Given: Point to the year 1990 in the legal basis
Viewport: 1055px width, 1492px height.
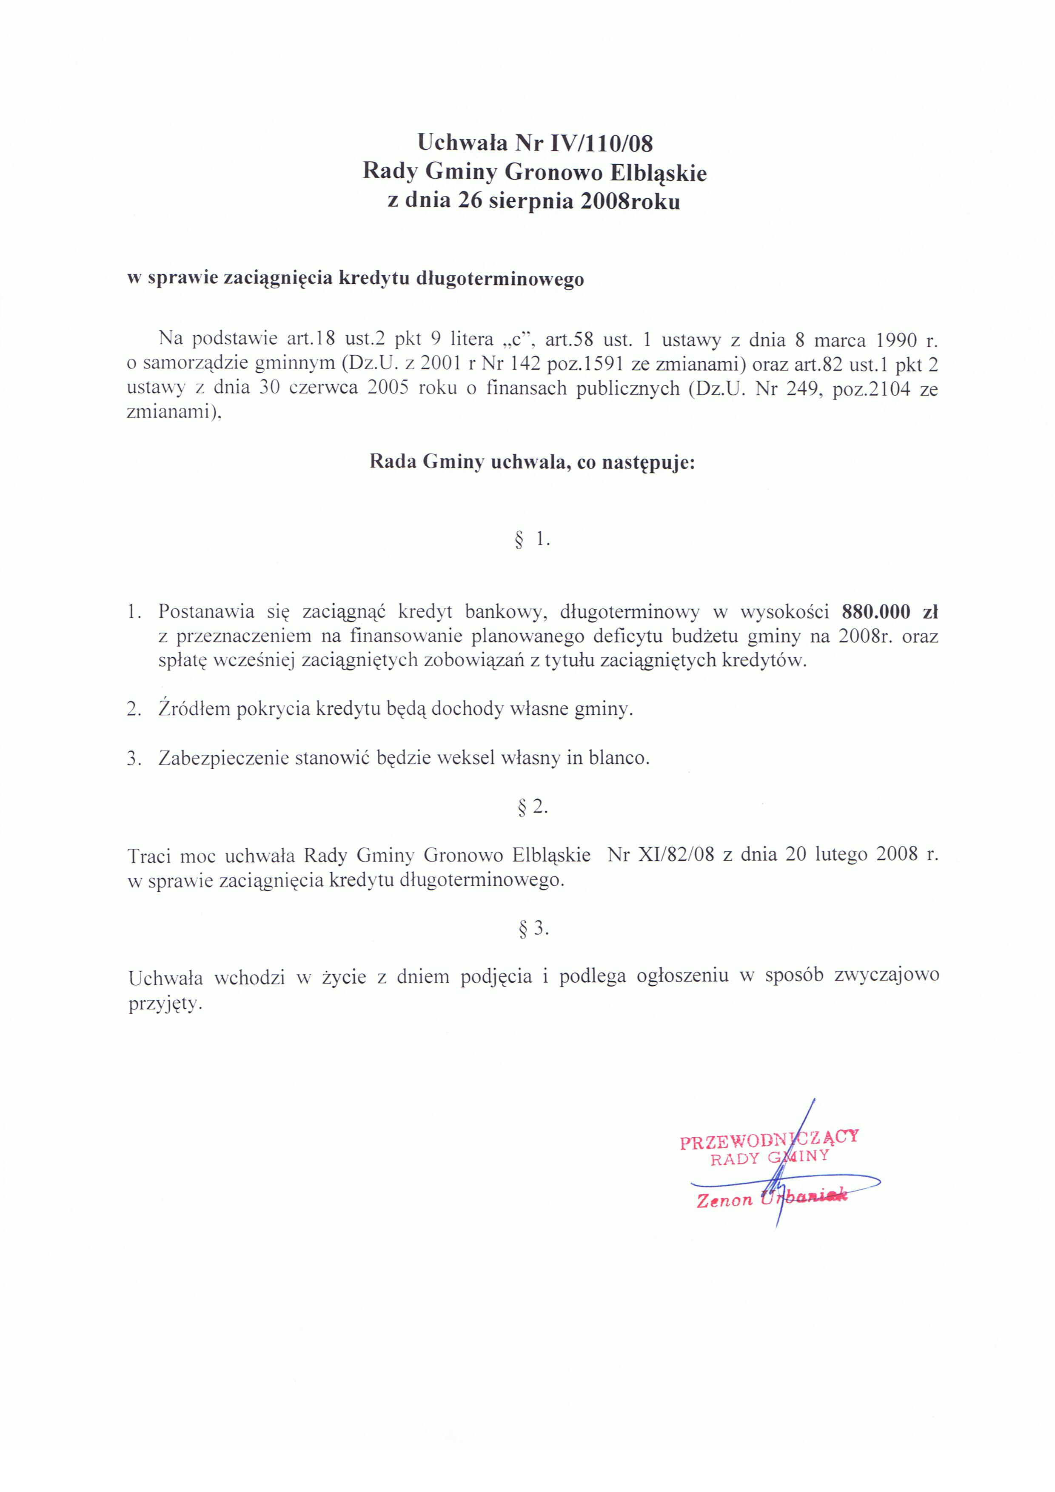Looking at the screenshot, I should (x=896, y=340).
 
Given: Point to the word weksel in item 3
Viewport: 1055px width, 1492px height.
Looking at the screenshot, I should (x=466, y=758).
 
